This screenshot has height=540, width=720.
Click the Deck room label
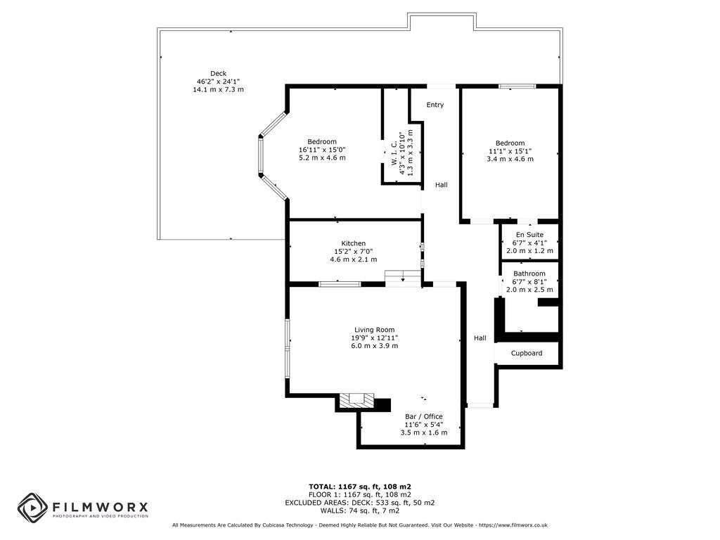coord(218,74)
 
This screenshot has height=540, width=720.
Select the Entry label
coord(435,105)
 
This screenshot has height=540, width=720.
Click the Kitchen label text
coord(353,243)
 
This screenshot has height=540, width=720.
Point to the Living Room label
coord(374,330)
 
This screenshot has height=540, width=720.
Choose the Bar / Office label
coord(423,416)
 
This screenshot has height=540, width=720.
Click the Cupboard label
coord(526,353)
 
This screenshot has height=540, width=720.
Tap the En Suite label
coord(529,235)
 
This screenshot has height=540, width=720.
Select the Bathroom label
coord(529,274)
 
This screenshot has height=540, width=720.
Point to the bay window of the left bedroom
coord(262,155)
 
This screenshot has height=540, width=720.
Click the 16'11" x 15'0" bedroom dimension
coord(322,149)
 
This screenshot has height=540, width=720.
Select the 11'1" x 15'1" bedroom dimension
coord(510,150)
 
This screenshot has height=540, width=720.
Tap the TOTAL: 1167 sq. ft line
coord(360,487)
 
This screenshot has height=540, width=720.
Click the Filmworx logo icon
coord(32,507)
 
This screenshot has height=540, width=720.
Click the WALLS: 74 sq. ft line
coord(360,511)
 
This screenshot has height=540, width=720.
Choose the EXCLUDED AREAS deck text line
coord(360,503)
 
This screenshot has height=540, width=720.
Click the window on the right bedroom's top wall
coord(517,86)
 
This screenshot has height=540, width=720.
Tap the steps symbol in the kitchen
coord(401,277)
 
